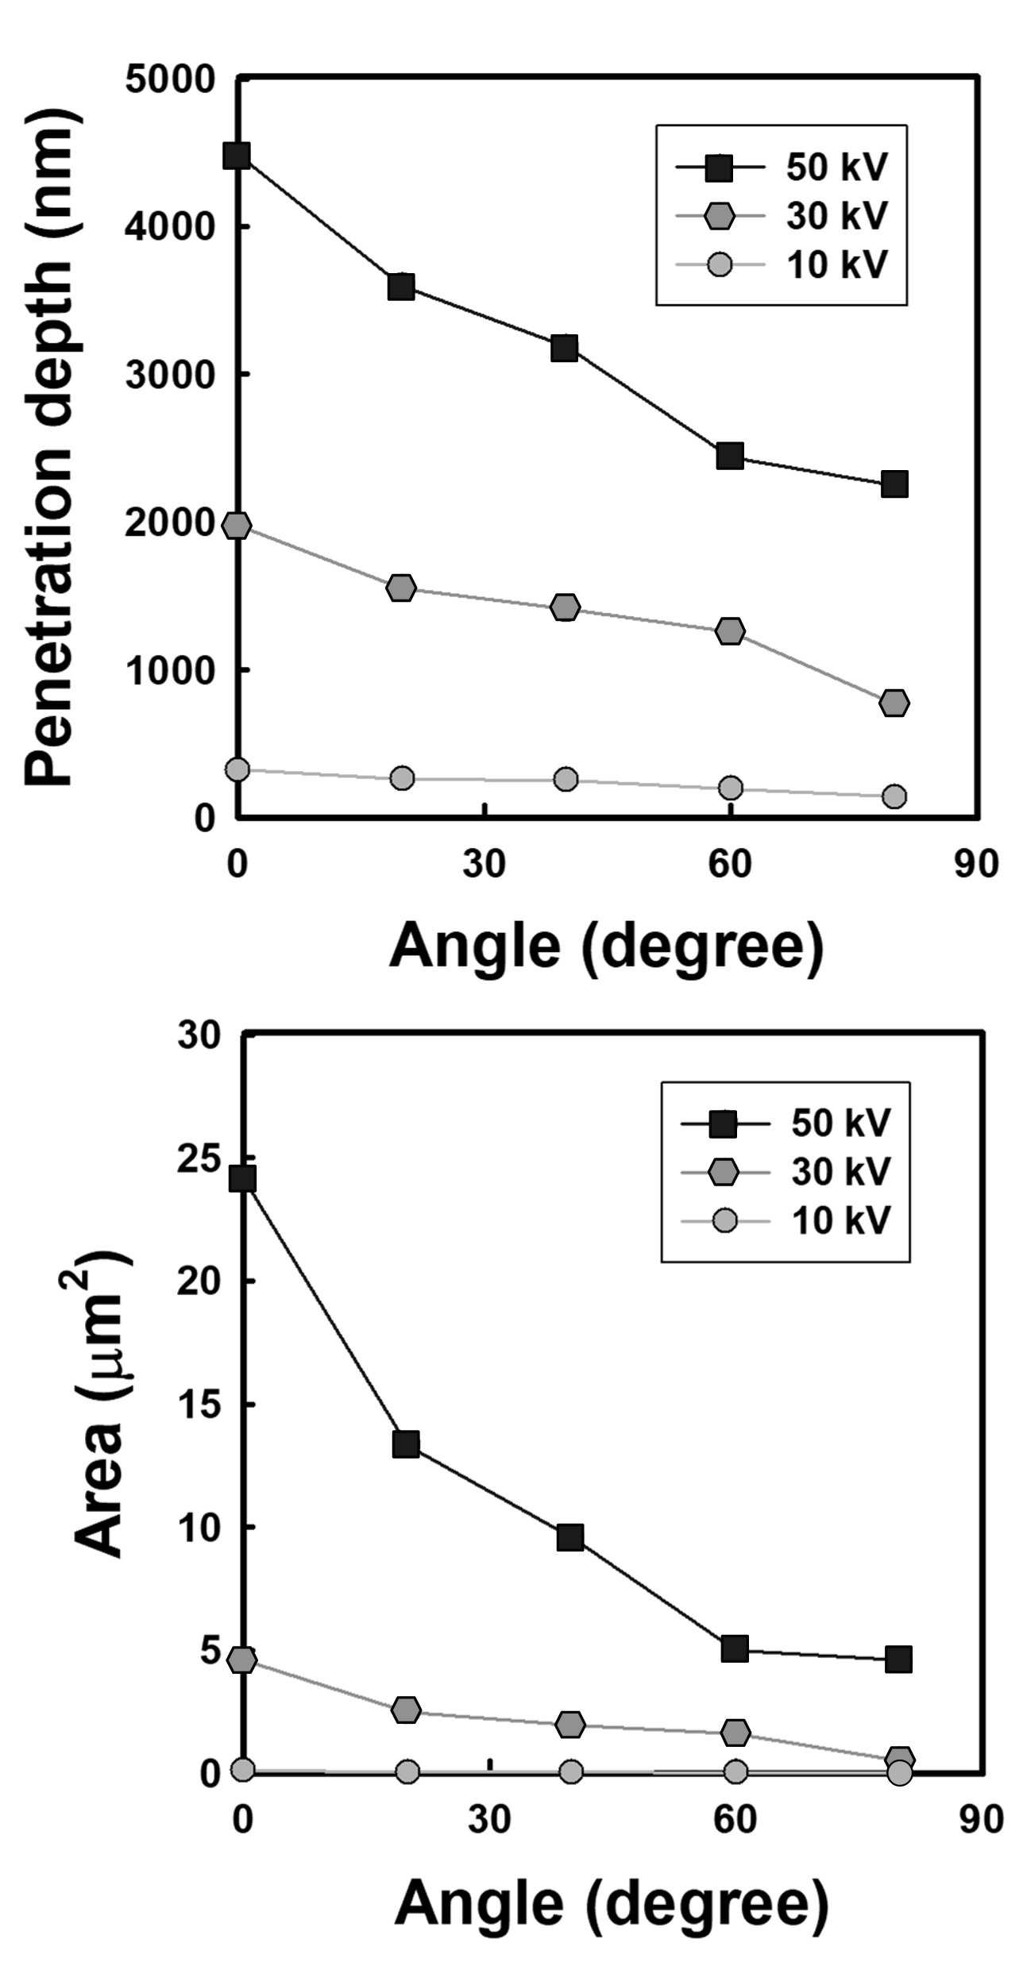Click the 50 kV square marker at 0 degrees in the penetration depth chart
[237, 155]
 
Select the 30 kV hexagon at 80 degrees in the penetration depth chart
[894, 703]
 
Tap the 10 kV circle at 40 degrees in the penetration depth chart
[566, 778]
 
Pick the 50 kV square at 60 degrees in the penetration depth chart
[729, 456]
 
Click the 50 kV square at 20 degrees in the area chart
[406, 1444]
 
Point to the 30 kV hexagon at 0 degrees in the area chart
[241, 1660]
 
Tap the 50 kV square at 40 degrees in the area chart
[570, 1537]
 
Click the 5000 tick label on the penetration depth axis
[170, 79]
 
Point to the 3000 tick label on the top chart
[170, 374]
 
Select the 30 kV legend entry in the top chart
[782, 215]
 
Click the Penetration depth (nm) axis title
[52, 447]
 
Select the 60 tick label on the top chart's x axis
[730, 864]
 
